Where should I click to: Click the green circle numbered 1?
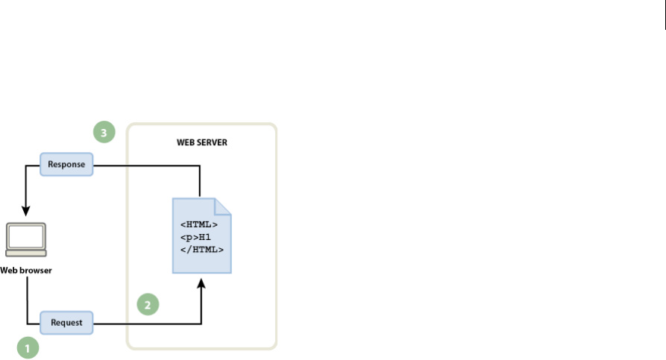(x=28, y=346)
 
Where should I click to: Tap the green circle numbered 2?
(x=148, y=304)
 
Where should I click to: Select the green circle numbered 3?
(x=104, y=133)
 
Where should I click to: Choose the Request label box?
(x=67, y=323)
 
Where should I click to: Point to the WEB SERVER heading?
(x=202, y=142)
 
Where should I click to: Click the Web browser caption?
(x=26, y=270)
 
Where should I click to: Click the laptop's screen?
(x=25, y=237)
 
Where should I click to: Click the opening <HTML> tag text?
(x=199, y=224)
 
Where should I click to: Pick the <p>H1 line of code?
(x=195, y=237)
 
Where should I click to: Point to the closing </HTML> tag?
(x=202, y=250)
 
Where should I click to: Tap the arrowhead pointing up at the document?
(x=201, y=281)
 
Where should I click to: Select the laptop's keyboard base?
(x=25, y=255)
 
